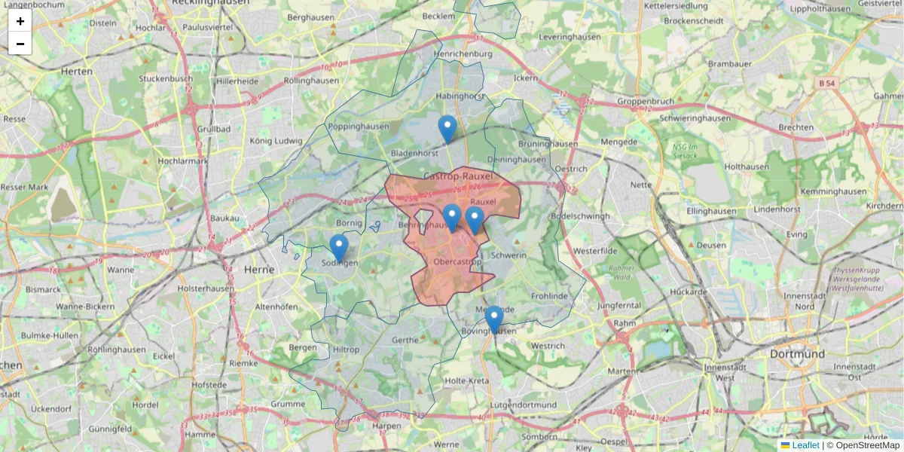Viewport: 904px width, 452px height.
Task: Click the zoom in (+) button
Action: pyautogui.click(x=20, y=21)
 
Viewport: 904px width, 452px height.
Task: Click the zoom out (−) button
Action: pyautogui.click(x=20, y=44)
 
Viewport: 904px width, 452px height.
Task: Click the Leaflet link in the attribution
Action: pyautogui.click(x=805, y=445)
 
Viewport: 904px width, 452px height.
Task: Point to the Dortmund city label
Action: pyautogui.click(x=797, y=353)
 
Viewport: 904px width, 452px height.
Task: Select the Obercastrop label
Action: pyautogui.click(x=458, y=262)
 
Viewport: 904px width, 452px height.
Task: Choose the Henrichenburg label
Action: pyautogui.click(x=463, y=53)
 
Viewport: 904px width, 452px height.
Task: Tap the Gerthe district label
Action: pyautogui.click(x=405, y=340)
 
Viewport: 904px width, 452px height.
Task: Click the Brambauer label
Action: pyautogui.click(x=730, y=64)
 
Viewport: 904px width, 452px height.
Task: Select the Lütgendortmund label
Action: pyautogui.click(x=522, y=405)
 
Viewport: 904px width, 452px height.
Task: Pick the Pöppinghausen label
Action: pyautogui.click(x=357, y=127)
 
